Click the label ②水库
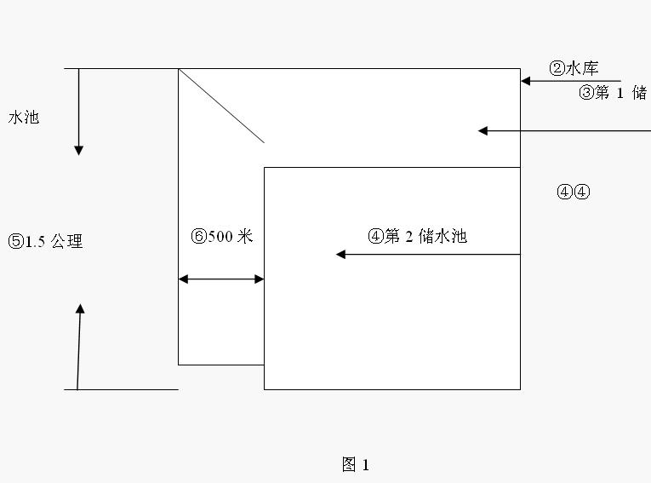(x=574, y=69)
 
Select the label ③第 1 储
(x=612, y=94)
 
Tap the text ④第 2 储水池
(x=417, y=237)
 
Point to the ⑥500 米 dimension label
(x=222, y=237)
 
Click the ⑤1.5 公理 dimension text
(x=45, y=242)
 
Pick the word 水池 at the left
(x=24, y=118)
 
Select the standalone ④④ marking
(x=573, y=192)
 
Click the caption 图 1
(x=355, y=464)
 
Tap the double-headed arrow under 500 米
(x=221, y=279)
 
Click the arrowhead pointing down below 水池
(x=79, y=150)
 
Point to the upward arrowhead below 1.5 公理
(x=80, y=309)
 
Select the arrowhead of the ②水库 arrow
(x=526, y=81)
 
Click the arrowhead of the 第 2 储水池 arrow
(x=341, y=254)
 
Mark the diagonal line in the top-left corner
(x=221, y=106)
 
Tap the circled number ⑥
(x=198, y=237)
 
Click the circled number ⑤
(x=15, y=242)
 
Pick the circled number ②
(x=557, y=69)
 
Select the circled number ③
(x=585, y=94)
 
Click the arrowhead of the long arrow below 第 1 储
(x=483, y=130)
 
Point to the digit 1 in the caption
(x=365, y=465)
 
